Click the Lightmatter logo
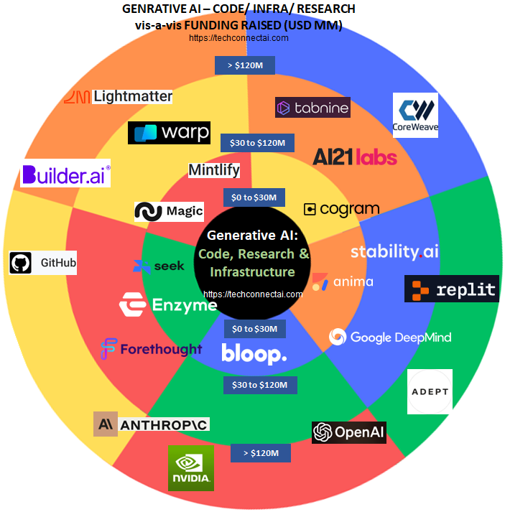pyautogui.click(x=119, y=96)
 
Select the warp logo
pyautogui.click(x=169, y=133)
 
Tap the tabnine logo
pyautogui.click(x=312, y=108)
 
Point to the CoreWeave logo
pyautogui.click(x=415, y=115)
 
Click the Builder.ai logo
pyautogui.click(x=65, y=174)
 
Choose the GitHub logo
pyautogui.click(x=43, y=262)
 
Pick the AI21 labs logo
pyautogui.click(x=355, y=157)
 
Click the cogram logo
pyautogui.click(x=341, y=209)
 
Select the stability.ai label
pyautogui.click(x=394, y=251)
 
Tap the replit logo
pyautogui.click(x=452, y=289)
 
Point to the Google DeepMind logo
pyautogui.click(x=390, y=337)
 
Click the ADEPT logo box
pyautogui.click(x=430, y=391)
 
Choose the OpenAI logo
pyautogui.click(x=349, y=432)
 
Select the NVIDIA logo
pyautogui.click(x=190, y=468)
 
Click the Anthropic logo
pyautogui.click(x=152, y=424)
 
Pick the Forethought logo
pyautogui.click(x=152, y=349)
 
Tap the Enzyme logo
pyautogui.click(x=168, y=304)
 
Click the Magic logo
pyautogui.click(x=170, y=212)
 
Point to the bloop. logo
pyautogui.click(x=254, y=353)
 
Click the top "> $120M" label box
pyautogui.click(x=245, y=65)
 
